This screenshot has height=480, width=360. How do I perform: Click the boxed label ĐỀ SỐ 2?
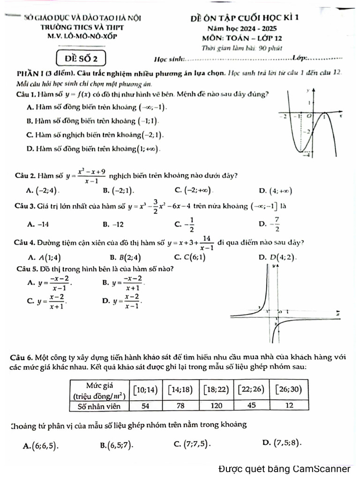pos(81,59)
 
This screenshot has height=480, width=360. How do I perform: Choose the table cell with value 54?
pos(146,405)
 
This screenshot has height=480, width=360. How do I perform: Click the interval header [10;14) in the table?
pos(146,389)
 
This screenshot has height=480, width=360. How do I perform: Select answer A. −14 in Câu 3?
pos(38,224)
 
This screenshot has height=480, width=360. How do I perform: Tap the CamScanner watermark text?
pos(284,469)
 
